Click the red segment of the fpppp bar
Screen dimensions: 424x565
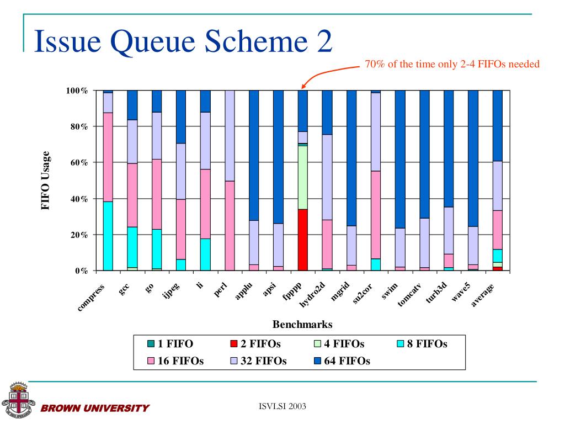coord(302,240)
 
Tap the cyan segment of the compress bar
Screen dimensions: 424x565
coord(108,236)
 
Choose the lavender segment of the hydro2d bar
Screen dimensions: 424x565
coord(327,177)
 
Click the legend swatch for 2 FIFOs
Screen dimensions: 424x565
coord(234,344)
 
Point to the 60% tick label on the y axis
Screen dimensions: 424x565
coord(77,163)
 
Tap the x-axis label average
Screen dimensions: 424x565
coord(482,295)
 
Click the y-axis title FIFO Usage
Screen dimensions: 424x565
coord(46,181)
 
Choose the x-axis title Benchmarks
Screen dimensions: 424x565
coord(302,324)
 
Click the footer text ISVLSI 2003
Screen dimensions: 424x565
coord(282,407)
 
